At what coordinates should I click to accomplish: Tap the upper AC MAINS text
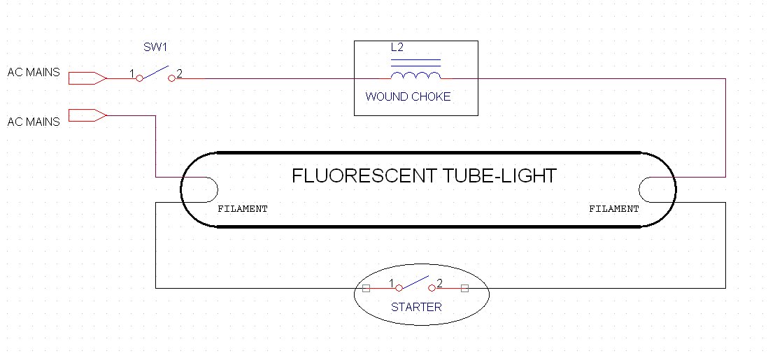(34, 73)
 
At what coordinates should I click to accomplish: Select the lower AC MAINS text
(34, 122)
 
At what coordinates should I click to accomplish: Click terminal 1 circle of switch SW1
(139, 79)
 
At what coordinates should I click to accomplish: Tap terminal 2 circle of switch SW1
(171, 79)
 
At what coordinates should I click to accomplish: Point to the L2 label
(397, 48)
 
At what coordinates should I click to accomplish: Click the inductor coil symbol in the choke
(416, 75)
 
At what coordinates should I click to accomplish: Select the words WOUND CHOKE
(408, 96)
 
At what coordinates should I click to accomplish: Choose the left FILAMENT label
(243, 208)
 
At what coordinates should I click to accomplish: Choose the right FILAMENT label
(613, 208)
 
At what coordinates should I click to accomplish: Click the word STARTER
(416, 307)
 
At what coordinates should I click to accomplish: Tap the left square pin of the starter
(366, 288)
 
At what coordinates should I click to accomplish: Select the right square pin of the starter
(465, 288)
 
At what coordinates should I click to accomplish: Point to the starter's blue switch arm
(415, 282)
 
